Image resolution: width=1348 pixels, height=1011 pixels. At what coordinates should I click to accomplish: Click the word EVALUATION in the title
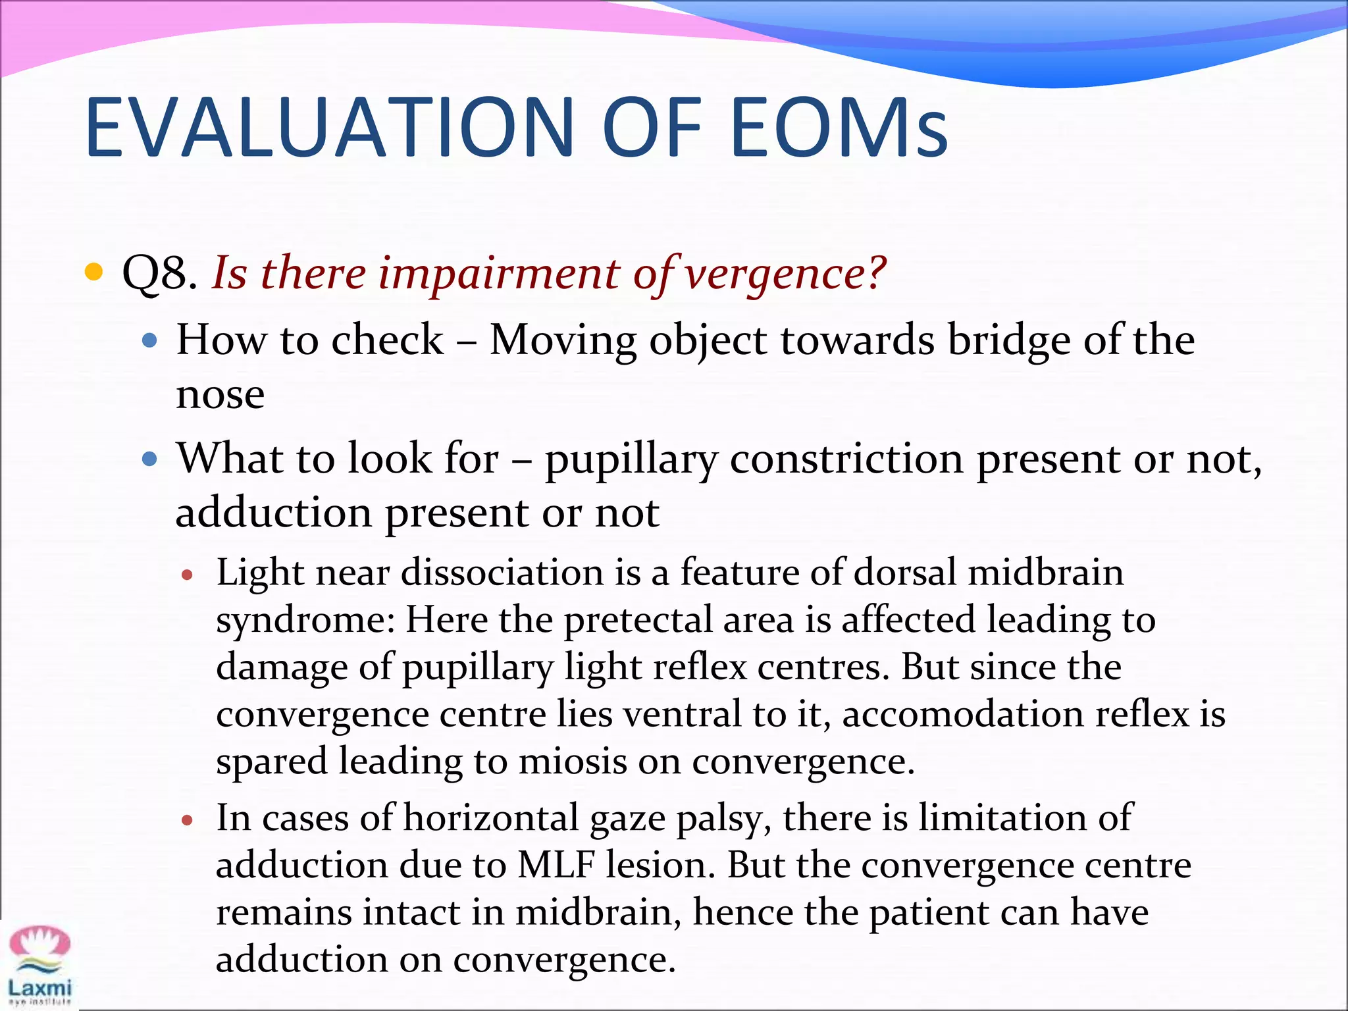(x=329, y=128)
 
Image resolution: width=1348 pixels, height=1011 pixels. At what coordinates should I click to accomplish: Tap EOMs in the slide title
(x=839, y=128)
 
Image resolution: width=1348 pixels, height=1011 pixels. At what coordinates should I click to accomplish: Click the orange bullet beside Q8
(x=94, y=272)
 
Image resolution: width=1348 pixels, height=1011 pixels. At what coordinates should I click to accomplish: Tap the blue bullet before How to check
(x=150, y=340)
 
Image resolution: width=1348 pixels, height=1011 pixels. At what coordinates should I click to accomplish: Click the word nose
(x=220, y=395)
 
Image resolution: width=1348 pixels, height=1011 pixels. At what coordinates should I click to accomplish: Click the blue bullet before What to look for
(x=150, y=459)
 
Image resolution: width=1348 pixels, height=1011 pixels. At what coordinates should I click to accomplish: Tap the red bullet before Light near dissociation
(x=188, y=575)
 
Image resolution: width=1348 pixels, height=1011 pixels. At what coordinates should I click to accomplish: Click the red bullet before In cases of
(x=188, y=820)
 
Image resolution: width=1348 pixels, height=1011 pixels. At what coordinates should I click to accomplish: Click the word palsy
(x=735, y=819)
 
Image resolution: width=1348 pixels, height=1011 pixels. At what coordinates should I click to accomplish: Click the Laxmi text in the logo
(x=39, y=987)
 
